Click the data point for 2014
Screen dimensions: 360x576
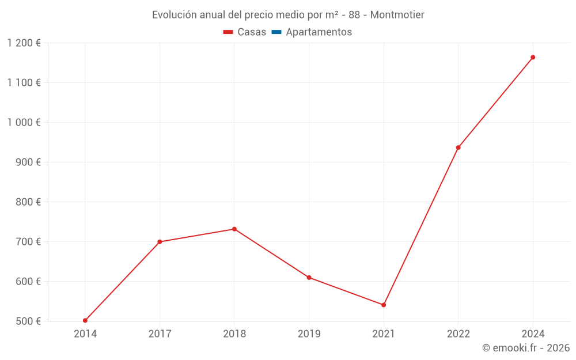[x=85, y=320]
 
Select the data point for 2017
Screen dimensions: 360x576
[x=160, y=242]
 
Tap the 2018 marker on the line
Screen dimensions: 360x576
[x=234, y=229]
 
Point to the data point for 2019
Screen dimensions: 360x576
[x=309, y=278]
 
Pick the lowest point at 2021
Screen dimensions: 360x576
[x=384, y=305]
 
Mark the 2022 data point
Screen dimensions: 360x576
[x=458, y=147]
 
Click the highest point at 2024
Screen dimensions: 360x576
[x=533, y=58]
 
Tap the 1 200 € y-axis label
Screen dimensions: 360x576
[x=24, y=43]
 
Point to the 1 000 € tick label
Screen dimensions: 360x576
[x=24, y=122]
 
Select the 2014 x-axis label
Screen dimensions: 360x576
[x=85, y=334]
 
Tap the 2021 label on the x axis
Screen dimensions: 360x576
[x=384, y=334]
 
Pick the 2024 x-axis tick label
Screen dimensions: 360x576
[x=533, y=334]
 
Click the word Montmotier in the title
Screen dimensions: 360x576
[x=397, y=15]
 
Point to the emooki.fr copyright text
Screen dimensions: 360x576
[x=526, y=348]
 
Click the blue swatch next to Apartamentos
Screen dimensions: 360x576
[x=276, y=32]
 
